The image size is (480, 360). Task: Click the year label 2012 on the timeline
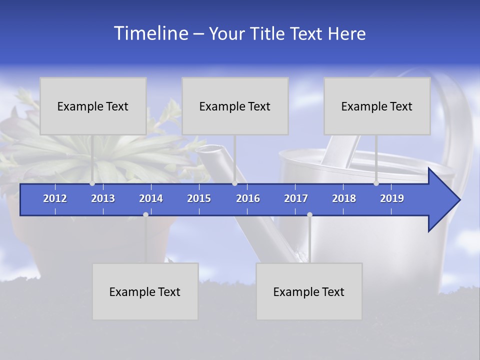(55, 198)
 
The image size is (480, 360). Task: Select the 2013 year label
(103, 198)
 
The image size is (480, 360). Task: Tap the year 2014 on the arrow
(151, 198)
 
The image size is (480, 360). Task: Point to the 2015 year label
(199, 198)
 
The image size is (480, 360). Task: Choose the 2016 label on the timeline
(248, 198)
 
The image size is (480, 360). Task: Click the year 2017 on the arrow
(296, 198)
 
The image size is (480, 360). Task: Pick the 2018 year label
(344, 198)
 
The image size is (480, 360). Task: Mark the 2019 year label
(392, 198)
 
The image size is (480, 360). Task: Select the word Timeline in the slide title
(150, 33)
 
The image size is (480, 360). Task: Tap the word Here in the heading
(346, 33)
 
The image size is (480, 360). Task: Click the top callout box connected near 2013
(93, 106)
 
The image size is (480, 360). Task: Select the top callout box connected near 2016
(235, 106)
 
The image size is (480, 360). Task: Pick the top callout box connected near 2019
(377, 106)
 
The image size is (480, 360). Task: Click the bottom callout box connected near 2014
(145, 291)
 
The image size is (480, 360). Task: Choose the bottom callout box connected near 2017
(309, 291)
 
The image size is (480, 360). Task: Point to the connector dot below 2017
(309, 214)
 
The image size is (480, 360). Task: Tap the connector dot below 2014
(145, 214)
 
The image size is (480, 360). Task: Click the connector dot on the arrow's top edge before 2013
(92, 183)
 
